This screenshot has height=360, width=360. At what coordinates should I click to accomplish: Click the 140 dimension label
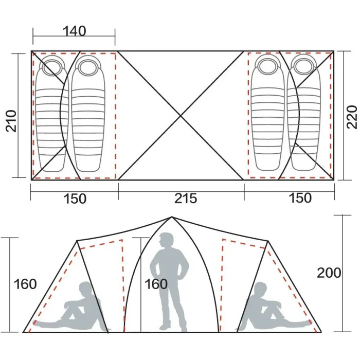[x=75, y=31]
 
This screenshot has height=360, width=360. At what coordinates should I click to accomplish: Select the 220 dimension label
[x=352, y=117]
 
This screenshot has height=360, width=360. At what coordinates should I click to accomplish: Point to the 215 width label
[x=186, y=199]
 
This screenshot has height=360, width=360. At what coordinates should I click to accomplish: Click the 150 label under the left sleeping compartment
[x=75, y=199]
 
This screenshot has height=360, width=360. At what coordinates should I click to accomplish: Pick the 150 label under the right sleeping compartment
[x=300, y=198]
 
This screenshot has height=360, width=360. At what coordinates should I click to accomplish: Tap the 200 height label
[x=329, y=273]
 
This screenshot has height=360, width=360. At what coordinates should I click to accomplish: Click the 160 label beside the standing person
[x=156, y=284]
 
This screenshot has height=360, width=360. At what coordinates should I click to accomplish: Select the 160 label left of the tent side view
[x=25, y=284]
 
